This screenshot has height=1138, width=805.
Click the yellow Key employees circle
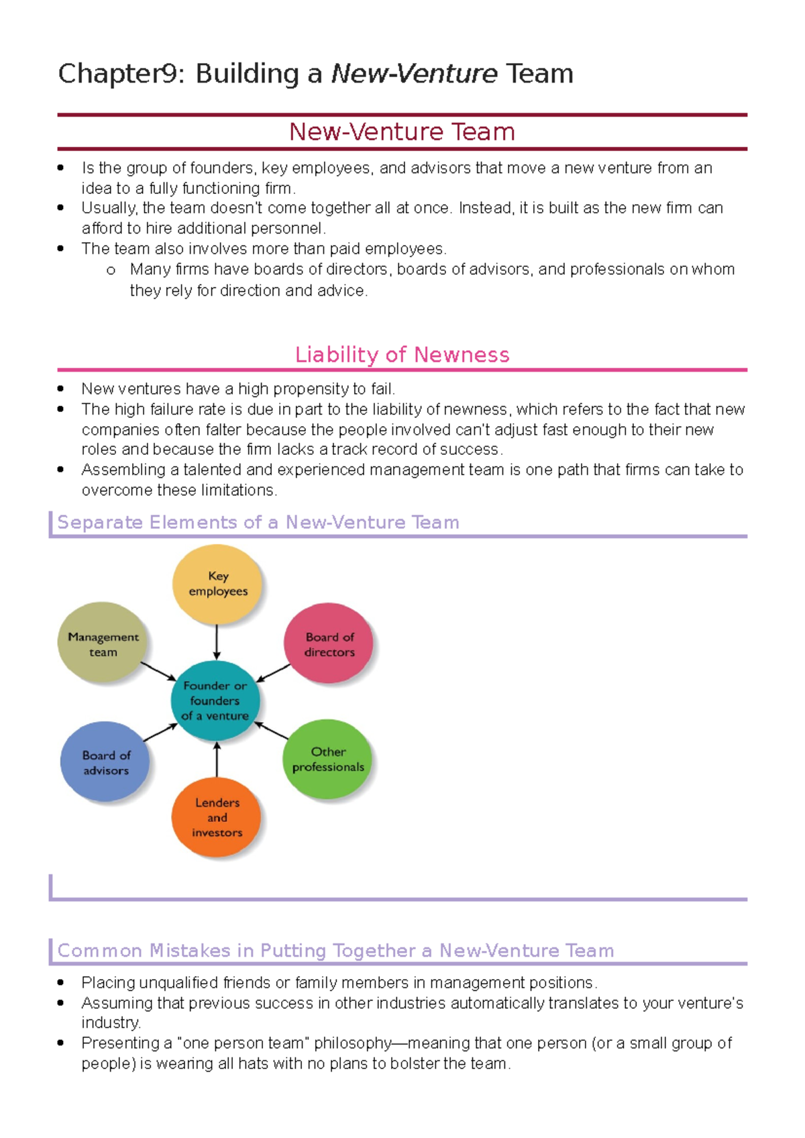(217, 584)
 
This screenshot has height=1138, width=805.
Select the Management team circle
(103, 643)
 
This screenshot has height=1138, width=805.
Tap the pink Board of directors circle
(329, 643)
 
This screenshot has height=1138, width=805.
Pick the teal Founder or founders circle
(215, 701)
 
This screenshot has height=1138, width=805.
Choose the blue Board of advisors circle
(105, 762)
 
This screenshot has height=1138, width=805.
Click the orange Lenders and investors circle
(217, 817)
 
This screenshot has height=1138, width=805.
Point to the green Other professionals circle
(328, 760)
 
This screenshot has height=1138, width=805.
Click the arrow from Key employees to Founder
(217, 642)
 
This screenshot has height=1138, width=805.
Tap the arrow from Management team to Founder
(158, 672)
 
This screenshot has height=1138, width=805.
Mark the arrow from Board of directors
(274, 673)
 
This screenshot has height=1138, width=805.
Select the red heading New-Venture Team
(402, 132)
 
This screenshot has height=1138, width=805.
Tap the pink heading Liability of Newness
(402, 355)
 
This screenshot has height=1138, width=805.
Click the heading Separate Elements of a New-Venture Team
(258, 523)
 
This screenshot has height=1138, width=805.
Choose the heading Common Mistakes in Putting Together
(335, 951)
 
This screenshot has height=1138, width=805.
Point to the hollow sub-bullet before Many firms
(111, 270)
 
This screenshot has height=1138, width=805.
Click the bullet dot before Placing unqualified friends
(61, 983)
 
